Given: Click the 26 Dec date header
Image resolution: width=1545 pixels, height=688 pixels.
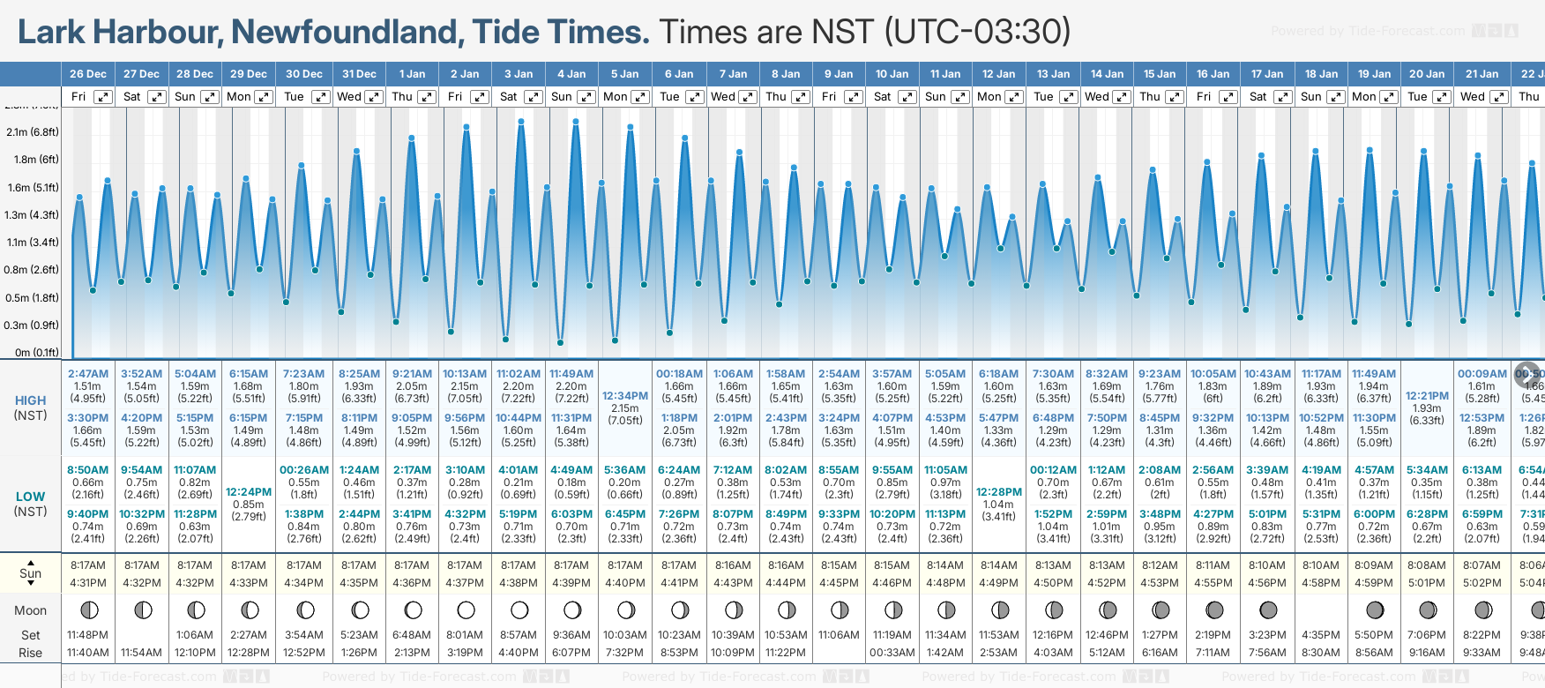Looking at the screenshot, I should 88,74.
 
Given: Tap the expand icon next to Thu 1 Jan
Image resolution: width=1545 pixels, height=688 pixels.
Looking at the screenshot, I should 427,97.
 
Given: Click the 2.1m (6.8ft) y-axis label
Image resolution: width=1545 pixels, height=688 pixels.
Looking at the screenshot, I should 32,132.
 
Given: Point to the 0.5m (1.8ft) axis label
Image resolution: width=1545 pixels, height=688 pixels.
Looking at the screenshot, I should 32,298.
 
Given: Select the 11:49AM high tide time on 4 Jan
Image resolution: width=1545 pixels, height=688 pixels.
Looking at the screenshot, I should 571,374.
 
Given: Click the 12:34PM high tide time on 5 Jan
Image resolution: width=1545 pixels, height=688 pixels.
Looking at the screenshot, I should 625,396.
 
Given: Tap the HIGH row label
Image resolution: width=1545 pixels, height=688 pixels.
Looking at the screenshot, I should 31,400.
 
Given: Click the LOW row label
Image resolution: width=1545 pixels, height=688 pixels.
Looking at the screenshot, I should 30,497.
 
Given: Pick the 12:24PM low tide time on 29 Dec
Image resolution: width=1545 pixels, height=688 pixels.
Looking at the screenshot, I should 249,492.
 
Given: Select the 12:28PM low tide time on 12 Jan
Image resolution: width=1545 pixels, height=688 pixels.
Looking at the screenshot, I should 999,492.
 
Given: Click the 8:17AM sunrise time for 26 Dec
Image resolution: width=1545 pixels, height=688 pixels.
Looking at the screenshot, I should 88,565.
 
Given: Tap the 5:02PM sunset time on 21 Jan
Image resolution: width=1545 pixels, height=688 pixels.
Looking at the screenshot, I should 1482,583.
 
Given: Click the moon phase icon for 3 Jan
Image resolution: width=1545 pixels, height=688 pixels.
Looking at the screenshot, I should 519,609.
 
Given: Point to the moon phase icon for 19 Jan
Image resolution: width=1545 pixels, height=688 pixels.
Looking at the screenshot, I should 1374,609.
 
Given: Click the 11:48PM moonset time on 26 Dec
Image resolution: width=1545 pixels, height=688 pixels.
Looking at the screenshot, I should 88,635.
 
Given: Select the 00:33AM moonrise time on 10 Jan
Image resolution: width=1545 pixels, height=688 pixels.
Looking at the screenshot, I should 892,653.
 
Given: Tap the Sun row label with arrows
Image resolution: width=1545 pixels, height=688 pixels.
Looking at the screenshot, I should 31,572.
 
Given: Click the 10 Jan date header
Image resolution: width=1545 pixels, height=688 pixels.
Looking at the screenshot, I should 892,74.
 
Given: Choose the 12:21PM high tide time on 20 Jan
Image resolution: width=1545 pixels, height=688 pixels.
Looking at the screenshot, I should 1427,396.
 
